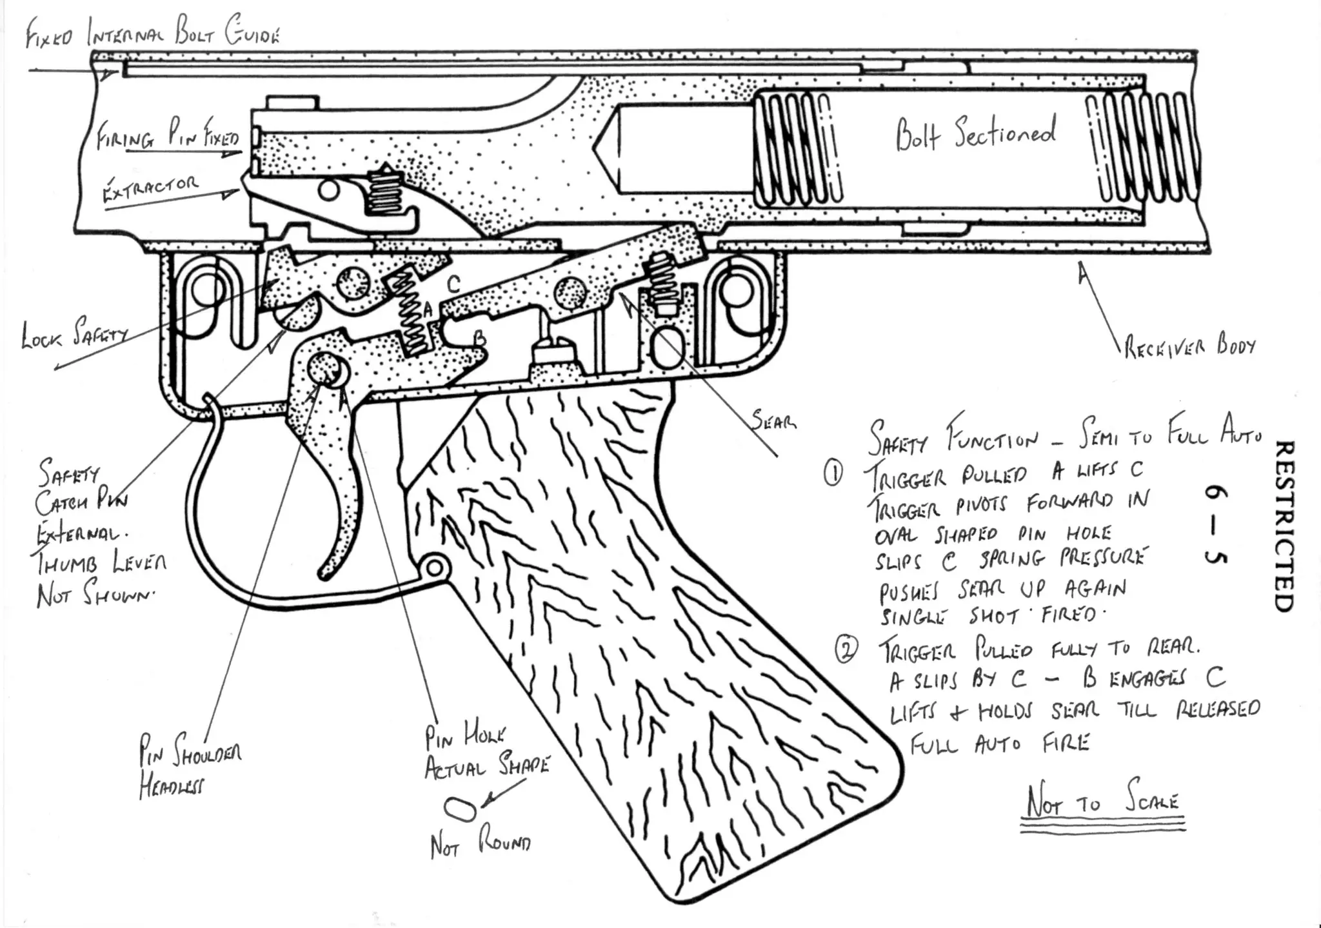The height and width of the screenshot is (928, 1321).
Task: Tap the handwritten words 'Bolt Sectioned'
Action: coord(975,133)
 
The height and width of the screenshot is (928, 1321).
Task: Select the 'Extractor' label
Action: coord(151,188)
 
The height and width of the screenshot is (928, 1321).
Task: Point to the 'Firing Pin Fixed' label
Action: coord(168,135)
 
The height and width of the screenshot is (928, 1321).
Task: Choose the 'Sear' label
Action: coord(773,421)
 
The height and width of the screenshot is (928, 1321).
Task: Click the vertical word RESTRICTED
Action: coord(1284,526)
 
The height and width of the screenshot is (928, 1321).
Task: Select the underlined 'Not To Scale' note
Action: coord(1102,800)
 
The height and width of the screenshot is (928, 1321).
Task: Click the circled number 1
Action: coord(833,474)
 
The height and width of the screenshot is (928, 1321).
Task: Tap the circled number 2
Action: coord(846,649)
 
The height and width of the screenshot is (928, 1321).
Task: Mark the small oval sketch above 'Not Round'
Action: coord(460,809)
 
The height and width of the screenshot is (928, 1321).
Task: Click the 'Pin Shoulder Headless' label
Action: coord(190,767)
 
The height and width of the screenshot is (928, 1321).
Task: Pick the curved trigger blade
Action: coord(342,516)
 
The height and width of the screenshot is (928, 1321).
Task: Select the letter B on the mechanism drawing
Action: coord(479,338)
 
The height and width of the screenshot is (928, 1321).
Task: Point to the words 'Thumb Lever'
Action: coord(102,563)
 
